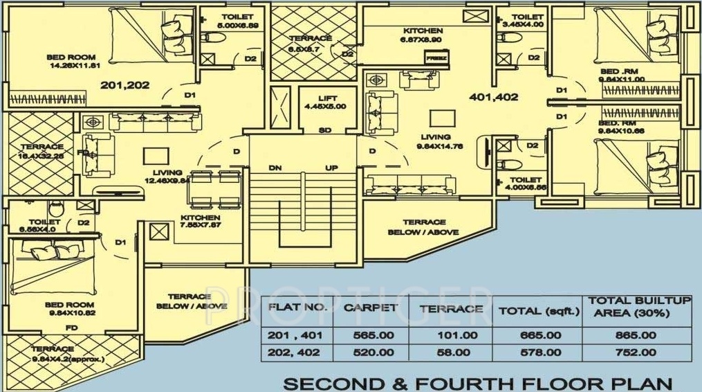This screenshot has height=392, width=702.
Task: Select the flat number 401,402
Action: (x=494, y=97)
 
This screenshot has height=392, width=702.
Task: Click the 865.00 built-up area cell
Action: (x=638, y=335)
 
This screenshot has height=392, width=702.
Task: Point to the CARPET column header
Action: (x=371, y=308)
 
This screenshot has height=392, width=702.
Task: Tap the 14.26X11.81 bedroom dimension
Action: (x=72, y=66)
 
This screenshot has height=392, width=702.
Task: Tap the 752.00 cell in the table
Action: (x=638, y=352)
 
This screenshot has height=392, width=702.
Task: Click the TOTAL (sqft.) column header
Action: (x=539, y=311)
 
